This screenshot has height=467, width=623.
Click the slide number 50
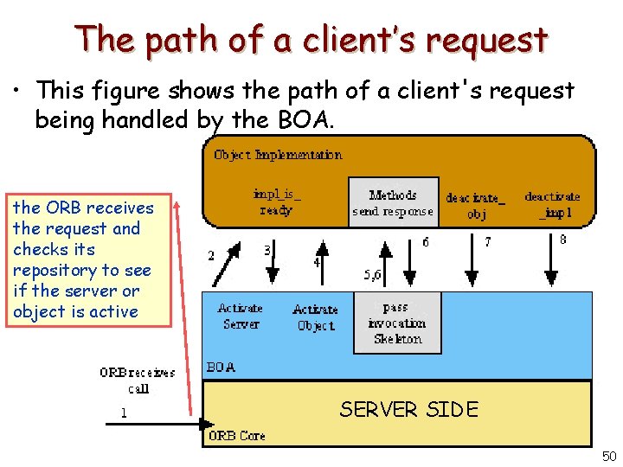(607, 456)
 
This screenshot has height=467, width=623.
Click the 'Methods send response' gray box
(393, 203)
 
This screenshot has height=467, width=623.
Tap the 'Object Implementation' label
(278, 155)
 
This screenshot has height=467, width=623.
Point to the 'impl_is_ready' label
(276, 202)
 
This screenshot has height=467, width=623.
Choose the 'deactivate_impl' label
(552, 204)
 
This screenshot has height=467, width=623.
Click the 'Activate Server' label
(241, 316)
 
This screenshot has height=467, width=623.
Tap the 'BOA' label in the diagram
(221, 368)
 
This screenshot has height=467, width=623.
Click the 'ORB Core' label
(236, 436)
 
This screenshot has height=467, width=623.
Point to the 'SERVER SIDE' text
(408, 409)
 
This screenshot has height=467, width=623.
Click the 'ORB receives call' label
(138, 381)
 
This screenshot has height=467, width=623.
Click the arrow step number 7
(487, 243)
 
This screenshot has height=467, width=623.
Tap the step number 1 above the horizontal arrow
(124, 413)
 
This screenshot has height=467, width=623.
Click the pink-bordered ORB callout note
(83, 259)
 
